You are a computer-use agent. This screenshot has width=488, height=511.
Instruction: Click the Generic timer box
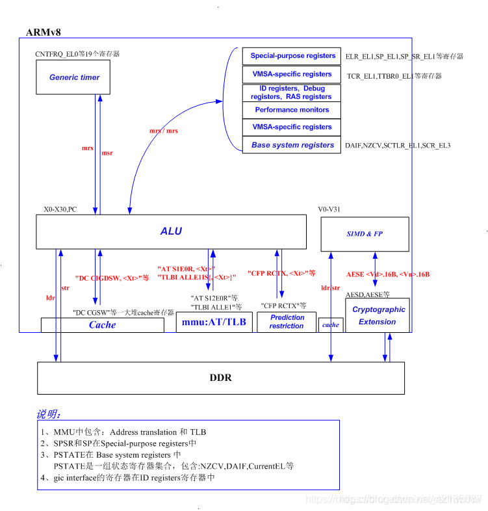pyautogui.click(x=74, y=77)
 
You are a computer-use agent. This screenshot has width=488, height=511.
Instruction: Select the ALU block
pyautogui.click(x=171, y=231)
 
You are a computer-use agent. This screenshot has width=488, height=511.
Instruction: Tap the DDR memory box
pyautogui.click(x=220, y=378)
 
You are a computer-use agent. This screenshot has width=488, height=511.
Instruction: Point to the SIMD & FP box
pyautogui.click(x=365, y=234)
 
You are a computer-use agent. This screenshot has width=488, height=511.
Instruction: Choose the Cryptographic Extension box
pyautogui.click(x=378, y=315)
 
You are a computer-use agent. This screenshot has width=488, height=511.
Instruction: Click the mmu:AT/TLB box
pyautogui.click(x=214, y=322)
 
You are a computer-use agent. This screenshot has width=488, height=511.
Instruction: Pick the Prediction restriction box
pyautogui.click(x=287, y=322)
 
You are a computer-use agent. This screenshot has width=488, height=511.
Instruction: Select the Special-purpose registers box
pyautogui.click(x=292, y=56)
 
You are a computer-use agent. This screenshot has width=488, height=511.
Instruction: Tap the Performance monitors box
pyautogui.click(x=292, y=110)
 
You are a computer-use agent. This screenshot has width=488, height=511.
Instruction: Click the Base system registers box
pyautogui.click(x=292, y=145)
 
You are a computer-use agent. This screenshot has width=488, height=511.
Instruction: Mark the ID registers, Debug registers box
pyautogui.click(x=292, y=92)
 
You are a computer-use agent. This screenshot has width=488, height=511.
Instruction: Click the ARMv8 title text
pyautogui.click(x=44, y=33)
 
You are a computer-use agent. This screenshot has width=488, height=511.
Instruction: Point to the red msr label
pyautogui.click(x=107, y=153)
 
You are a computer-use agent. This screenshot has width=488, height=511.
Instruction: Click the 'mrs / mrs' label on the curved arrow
pyautogui.click(x=164, y=131)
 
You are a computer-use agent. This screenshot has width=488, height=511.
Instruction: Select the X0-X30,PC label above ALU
pyautogui.click(x=60, y=210)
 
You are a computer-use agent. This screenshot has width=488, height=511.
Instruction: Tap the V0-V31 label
pyautogui.click(x=330, y=210)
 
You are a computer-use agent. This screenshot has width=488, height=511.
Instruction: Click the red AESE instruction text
pyautogui.click(x=387, y=274)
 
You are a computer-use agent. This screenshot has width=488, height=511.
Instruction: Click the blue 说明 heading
pyautogui.click(x=49, y=414)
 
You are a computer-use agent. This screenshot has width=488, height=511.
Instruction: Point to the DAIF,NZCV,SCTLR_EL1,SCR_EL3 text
pyautogui.click(x=398, y=145)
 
